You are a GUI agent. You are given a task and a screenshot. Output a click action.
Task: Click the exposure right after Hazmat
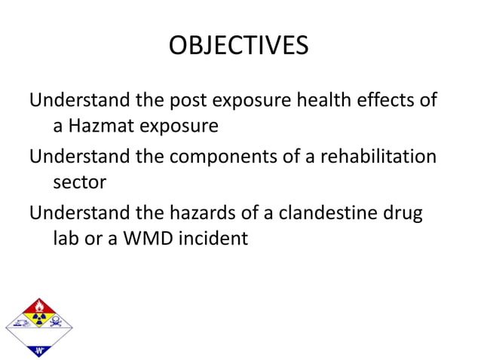point(180,125)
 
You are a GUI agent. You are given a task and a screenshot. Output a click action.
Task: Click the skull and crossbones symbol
point(57,325)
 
